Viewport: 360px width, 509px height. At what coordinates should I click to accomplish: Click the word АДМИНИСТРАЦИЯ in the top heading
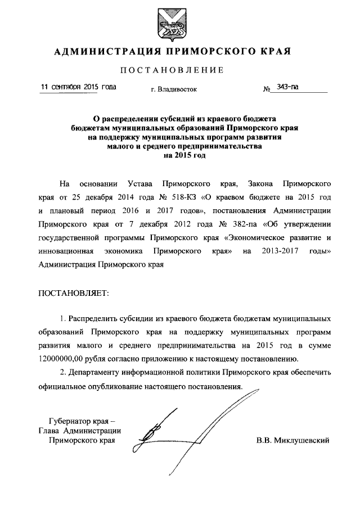coord(103,52)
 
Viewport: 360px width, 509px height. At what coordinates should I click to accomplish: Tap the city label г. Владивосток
coord(174,89)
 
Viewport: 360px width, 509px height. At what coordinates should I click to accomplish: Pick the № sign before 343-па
coord(267,89)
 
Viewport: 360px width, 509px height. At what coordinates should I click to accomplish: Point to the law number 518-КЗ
coord(218,199)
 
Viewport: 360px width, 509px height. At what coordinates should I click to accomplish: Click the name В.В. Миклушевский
coord(292,440)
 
